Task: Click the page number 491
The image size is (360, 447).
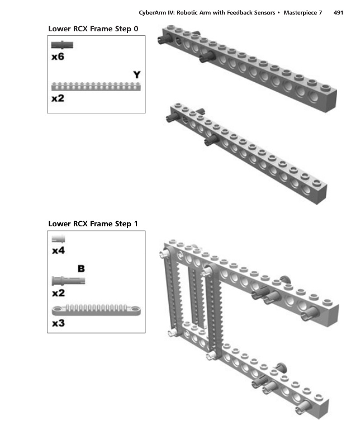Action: point(338,12)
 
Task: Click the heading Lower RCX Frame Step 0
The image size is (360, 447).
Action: point(93,28)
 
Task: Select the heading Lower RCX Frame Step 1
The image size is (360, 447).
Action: point(93,224)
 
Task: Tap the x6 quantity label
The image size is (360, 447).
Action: point(58,57)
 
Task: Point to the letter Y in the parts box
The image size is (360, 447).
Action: point(136,75)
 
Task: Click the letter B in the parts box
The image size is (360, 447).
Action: point(80,269)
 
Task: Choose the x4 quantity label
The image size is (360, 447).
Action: point(58,251)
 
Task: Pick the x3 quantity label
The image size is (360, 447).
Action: point(58,324)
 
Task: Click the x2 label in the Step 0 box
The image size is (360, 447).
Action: point(58,98)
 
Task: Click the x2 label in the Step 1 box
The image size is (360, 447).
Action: point(58,293)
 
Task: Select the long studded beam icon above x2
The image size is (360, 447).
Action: point(96,86)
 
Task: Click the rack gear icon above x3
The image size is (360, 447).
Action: point(96,309)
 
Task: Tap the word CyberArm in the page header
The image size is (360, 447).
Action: point(154,12)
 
